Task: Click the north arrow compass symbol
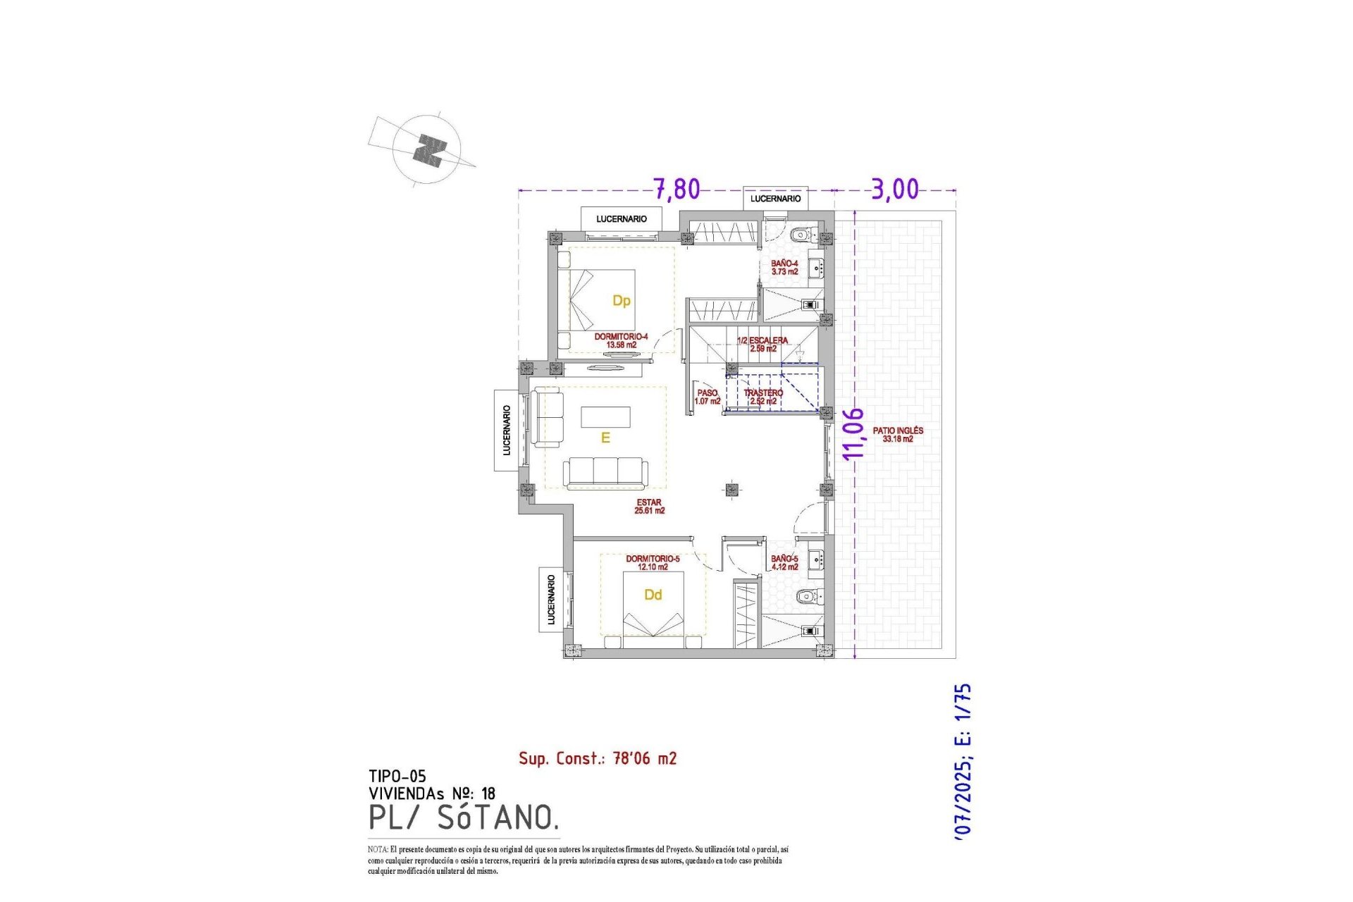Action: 427,150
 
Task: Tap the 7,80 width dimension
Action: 676,189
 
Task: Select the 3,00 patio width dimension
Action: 895,189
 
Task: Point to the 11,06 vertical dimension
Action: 853,433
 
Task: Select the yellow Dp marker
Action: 621,301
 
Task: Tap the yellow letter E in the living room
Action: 605,438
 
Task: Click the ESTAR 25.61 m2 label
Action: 649,507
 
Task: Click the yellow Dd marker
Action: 653,595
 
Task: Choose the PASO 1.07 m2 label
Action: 708,397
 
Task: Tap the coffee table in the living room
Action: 605,417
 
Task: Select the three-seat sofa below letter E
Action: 605,472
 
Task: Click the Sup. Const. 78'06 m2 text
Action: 598,758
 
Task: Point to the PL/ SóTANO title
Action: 464,817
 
